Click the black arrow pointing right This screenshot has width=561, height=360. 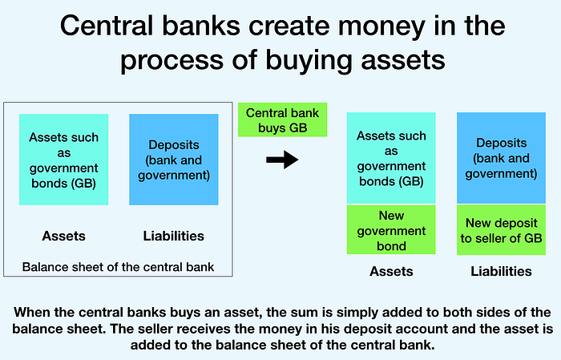point(282,160)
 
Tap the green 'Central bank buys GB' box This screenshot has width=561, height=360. point(283,120)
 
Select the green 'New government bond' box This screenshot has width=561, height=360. point(391,230)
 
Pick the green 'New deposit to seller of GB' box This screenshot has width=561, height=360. point(501,230)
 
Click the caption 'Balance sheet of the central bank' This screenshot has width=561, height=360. point(118,267)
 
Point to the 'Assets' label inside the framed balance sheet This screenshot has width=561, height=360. point(63,237)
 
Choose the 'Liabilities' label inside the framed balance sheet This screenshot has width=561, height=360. point(174,237)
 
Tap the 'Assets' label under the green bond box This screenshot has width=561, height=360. point(391,271)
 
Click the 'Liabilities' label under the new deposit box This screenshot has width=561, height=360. point(501,271)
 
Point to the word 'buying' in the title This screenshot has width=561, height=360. point(309,60)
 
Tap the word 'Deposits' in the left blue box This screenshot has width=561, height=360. point(174,145)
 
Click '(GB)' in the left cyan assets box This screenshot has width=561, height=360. point(83,184)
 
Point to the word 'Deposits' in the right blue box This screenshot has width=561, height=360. point(501,144)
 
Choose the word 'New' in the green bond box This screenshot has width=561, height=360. point(391,216)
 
